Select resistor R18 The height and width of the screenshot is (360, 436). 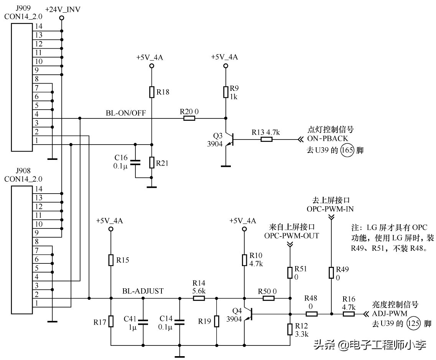pos(151,92)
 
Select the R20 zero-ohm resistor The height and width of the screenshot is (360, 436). pos(189,118)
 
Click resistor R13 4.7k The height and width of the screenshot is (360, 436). pos(267,140)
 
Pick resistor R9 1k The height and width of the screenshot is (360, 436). pos(225,92)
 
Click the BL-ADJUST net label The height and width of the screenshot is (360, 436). pos(143,291)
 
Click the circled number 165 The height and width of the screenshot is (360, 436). pos(347,151)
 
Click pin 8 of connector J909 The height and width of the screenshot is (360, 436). pos(37,79)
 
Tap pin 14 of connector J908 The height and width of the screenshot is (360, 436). pos(38,189)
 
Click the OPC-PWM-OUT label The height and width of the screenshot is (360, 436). pos(291,236)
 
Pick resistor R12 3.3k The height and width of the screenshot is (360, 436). pos(290,329)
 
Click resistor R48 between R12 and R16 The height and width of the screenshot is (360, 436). pos(312,314)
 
